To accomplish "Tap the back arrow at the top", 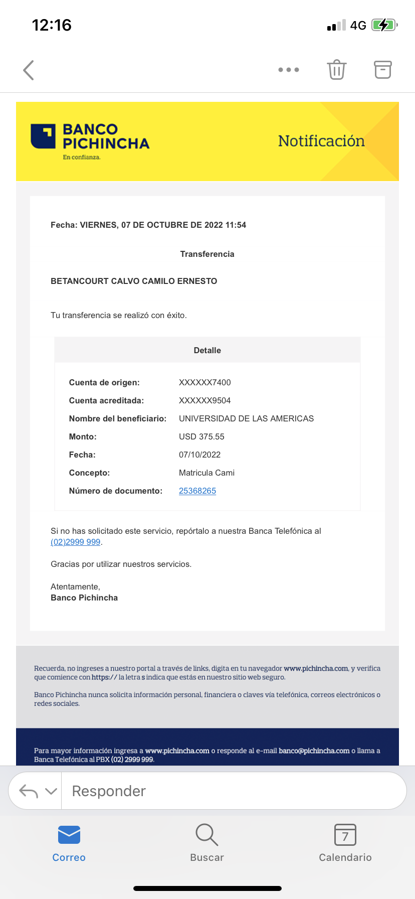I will tap(29, 70).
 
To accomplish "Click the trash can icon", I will tap(337, 70).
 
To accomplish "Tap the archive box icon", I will tap(383, 70).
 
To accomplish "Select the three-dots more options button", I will tap(289, 70).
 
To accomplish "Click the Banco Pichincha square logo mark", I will tap(43, 136).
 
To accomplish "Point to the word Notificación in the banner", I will tap(321, 141).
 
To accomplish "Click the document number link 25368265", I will tap(197, 491).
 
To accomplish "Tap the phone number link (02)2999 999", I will tap(76, 542).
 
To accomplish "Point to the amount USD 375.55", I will tap(201, 436).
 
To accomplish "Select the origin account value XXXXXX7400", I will tap(204, 382).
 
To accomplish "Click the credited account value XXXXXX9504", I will tap(204, 400).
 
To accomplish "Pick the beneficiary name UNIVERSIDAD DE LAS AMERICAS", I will tap(246, 418).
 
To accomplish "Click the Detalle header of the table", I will tap(207, 350).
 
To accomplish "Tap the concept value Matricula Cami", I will tap(206, 473).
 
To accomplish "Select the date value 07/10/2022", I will tap(199, 455).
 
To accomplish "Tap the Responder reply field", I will tap(231, 791).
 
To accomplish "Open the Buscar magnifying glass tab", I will tap(206, 835).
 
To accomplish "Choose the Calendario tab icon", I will tap(345, 835).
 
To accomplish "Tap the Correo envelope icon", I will tap(69, 835).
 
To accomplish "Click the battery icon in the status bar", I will tap(384, 25).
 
